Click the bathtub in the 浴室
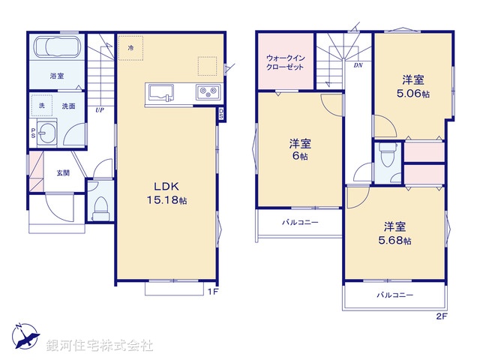(x=56, y=49)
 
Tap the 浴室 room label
(x=57, y=76)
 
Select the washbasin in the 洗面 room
(x=49, y=133)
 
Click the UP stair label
(x=99, y=110)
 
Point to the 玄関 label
(x=63, y=173)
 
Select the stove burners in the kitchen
(x=205, y=92)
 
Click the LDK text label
(x=166, y=187)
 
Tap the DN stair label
(x=358, y=65)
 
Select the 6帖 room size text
(x=300, y=156)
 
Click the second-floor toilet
(x=387, y=158)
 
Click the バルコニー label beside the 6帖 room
(x=300, y=223)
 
